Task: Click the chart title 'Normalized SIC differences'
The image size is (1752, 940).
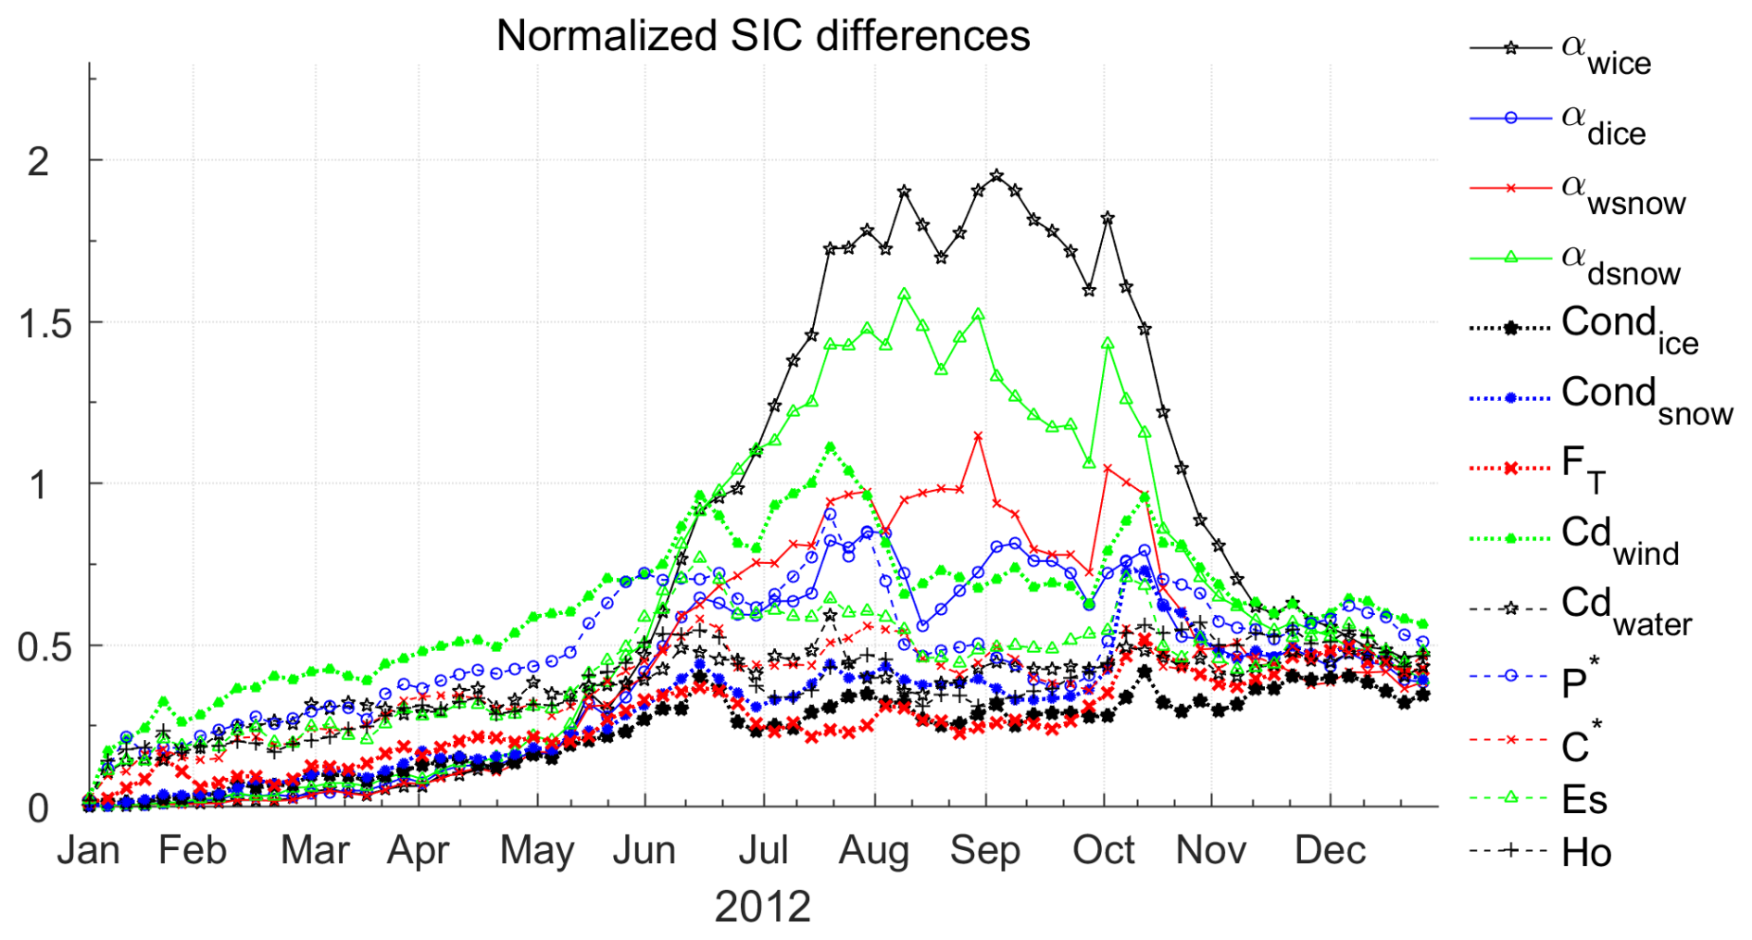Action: tap(762, 37)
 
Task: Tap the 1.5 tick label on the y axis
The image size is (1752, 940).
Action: tap(44, 324)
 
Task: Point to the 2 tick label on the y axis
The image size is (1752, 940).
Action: tap(38, 163)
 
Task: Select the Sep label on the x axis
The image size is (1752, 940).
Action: tap(984, 850)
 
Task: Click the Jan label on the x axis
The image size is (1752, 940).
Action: tap(89, 850)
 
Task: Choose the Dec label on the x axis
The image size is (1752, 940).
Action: tap(1330, 850)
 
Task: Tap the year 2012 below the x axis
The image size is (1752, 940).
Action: tap(762, 907)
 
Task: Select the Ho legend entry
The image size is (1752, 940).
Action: tap(1585, 852)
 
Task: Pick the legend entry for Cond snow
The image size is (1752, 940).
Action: tap(1646, 398)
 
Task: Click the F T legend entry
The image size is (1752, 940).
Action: tap(1583, 467)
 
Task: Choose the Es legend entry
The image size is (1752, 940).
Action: tap(1583, 799)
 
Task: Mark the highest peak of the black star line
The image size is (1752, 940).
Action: tap(996, 175)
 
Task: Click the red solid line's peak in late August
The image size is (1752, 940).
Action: tap(978, 435)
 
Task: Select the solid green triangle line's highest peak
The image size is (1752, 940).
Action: tap(904, 295)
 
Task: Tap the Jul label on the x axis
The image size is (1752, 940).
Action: tap(763, 850)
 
